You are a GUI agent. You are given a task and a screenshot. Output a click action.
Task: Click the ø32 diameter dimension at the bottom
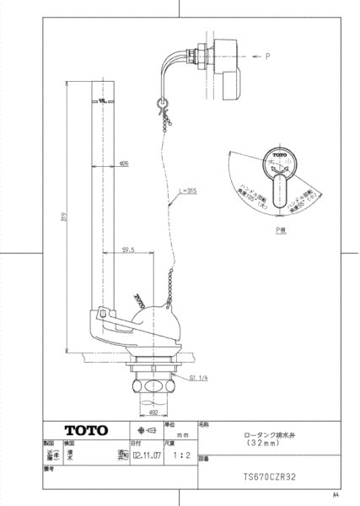(x=153, y=414)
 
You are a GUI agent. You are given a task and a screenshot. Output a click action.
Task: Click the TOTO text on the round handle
(x=280, y=158)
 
